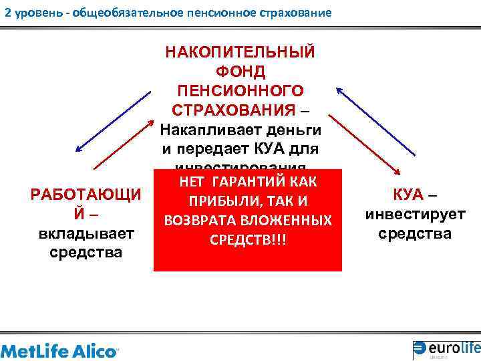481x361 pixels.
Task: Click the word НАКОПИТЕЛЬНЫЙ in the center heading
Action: (240, 52)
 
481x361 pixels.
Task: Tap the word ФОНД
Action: (240, 71)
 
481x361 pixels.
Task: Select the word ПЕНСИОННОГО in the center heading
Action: (240, 90)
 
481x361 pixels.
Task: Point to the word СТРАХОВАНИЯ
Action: (233, 109)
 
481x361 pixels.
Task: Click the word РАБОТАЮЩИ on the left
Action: (86, 195)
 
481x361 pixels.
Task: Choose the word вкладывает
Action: (86, 234)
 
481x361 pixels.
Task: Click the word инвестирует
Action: (415, 214)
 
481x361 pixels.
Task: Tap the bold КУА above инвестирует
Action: (408, 195)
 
